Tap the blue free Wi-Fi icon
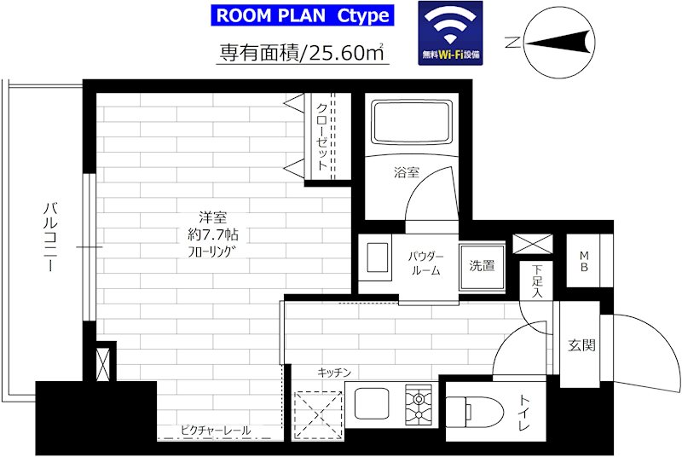[x=449, y=32]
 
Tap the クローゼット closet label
[x=322, y=138]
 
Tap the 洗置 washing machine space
[x=481, y=264]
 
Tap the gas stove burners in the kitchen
[x=419, y=406]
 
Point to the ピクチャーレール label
[x=215, y=431]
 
